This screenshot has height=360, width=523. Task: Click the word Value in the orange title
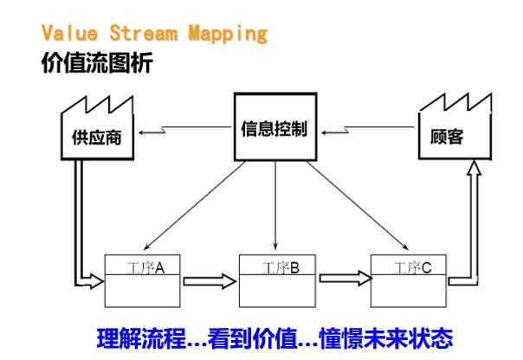(x=68, y=35)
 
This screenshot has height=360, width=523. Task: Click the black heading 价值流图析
(x=96, y=63)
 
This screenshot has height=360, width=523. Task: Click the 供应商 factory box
(x=96, y=137)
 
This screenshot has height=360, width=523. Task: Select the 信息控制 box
(x=274, y=132)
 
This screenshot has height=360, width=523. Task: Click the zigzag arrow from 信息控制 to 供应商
(x=186, y=132)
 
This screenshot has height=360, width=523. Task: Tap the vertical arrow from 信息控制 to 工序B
(x=274, y=208)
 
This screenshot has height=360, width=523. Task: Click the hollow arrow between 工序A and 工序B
(x=209, y=280)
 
